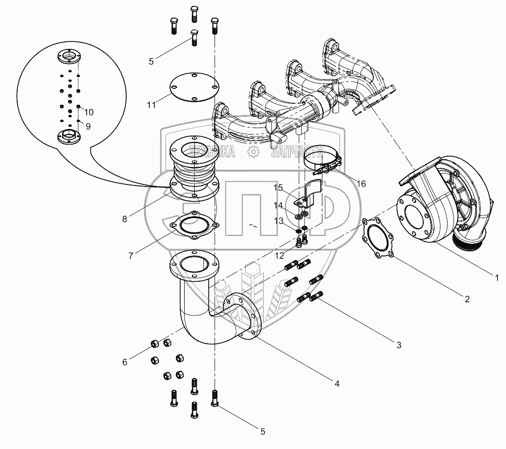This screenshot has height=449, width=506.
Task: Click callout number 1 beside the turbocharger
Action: coord(496,277)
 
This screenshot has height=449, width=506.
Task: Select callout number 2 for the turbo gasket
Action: coord(467,299)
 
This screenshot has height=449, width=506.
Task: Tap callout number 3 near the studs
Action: coord(399,345)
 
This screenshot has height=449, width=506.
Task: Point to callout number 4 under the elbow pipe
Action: coord(336,383)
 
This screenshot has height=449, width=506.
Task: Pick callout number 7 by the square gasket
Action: coord(131,255)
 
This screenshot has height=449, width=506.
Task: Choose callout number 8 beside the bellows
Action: coord(124,219)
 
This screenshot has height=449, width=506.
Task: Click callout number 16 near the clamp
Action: coord(361,183)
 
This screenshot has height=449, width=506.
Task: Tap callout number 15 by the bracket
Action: coord(278,188)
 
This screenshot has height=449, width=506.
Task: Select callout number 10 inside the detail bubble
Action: coord(89,111)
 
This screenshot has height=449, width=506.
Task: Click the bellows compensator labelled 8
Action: coord(194,169)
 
